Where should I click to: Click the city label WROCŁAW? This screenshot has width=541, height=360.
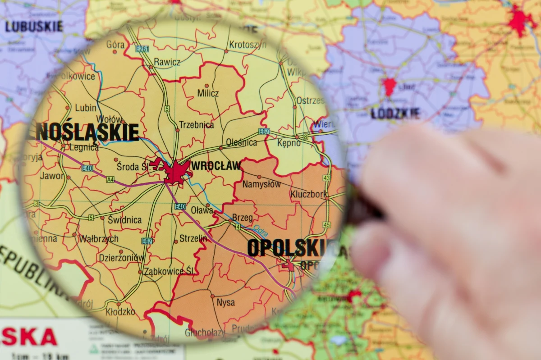point(216,166)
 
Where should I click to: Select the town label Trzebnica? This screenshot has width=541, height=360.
point(196,125)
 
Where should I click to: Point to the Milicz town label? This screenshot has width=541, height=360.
point(208,93)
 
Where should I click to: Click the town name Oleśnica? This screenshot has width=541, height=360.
point(241,142)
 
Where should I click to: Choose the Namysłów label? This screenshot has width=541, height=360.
point(261,184)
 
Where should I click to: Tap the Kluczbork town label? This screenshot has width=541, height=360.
point(309,194)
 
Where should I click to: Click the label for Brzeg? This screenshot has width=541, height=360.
point(243,218)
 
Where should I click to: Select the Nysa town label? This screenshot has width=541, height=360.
point(225,302)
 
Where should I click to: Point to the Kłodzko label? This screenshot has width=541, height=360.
point(120,311)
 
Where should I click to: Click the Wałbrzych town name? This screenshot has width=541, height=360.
point(99,239)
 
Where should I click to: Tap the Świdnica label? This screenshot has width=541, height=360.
point(124,220)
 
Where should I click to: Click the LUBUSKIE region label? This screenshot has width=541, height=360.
point(34,27)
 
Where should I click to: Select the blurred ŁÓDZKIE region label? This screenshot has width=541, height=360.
point(395,114)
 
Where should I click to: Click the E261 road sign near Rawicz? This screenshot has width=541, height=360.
point(142,49)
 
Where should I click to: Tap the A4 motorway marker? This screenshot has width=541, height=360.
point(110,179)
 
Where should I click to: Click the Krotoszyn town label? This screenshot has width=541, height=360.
point(248,45)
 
